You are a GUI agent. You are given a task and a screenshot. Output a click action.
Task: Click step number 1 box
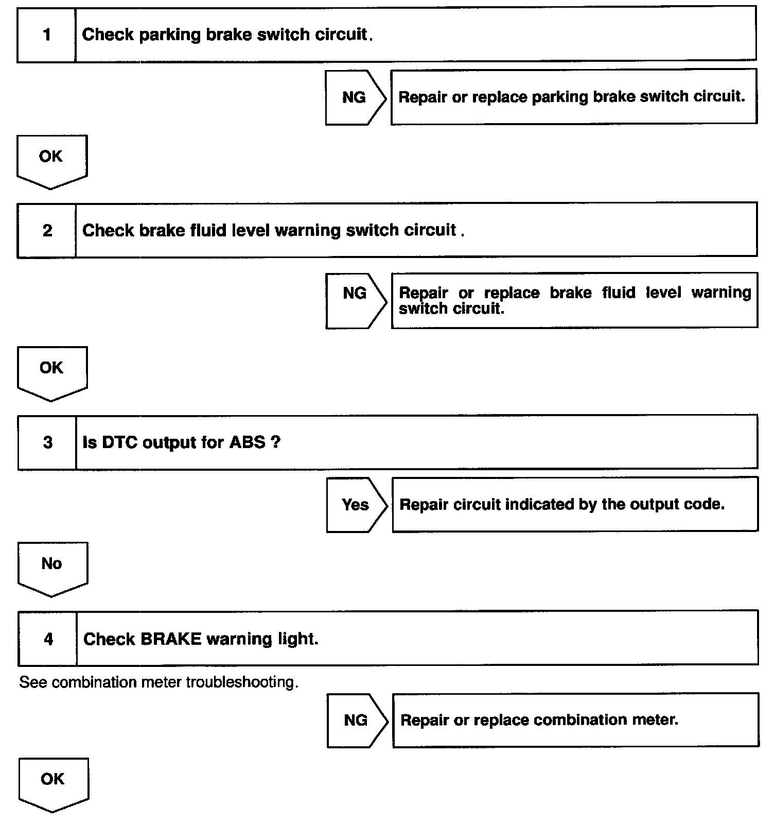(47, 35)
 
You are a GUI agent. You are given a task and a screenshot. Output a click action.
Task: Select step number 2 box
(47, 230)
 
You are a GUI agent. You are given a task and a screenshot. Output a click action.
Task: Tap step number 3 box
(48, 442)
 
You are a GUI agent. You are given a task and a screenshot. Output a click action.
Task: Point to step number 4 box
(48, 639)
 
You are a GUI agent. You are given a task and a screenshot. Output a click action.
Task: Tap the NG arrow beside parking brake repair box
(355, 97)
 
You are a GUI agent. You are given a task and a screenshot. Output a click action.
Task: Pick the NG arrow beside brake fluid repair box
(355, 300)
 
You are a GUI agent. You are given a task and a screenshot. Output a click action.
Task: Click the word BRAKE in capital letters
(170, 639)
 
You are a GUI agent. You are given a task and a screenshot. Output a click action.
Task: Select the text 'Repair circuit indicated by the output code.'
(562, 504)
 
